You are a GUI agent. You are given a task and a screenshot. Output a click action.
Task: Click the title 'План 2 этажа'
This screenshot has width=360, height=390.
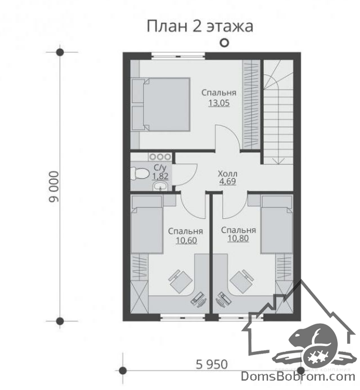(x=200, y=26)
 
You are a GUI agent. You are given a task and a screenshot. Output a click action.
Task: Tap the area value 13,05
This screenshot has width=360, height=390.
(x=219, y=103)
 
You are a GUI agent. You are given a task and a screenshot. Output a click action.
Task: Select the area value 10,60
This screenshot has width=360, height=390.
(x=186, y=241)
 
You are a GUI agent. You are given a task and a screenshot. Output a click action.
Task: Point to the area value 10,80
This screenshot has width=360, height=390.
(x=238, y=238)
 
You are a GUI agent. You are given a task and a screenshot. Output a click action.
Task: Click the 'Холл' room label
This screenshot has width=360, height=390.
(x=227, y=173)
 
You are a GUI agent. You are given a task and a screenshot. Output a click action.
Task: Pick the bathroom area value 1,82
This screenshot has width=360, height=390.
(x=160, y=176)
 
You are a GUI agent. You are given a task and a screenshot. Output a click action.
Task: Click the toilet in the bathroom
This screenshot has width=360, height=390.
(x=140, y=173)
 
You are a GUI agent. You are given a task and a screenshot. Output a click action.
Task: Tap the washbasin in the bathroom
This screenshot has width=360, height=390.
(x=161, y=186)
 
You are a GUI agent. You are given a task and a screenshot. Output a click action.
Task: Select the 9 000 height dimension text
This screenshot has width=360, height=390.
(x=54, y=187)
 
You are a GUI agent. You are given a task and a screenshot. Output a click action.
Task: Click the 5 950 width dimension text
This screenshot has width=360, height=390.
(x=212, y=365)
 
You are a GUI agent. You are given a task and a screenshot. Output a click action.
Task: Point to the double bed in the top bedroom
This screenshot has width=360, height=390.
(x=161, y=104)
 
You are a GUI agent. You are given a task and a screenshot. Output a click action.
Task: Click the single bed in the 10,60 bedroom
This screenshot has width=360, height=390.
(x=147, y=224)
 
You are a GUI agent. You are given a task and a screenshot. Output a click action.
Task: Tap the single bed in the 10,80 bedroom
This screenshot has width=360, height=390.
(x=277, y=224)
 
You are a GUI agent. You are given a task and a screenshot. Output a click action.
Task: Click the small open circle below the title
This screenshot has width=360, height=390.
(x=225, y=43)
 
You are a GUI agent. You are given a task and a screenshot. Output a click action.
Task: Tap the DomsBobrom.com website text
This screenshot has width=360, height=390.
(x=298, y=377)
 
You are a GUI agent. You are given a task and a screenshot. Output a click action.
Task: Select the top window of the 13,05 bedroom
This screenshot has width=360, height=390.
(x=178, y=56)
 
